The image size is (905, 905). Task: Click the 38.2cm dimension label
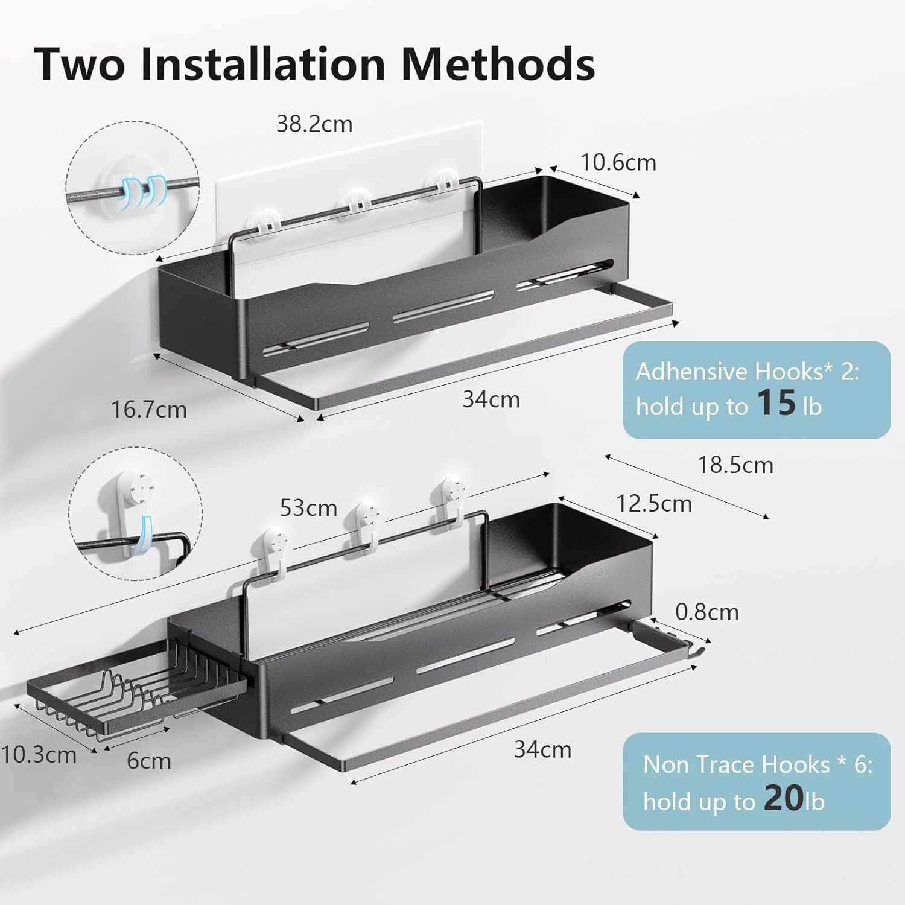click(314, 124)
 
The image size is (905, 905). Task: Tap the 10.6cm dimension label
click(618, 162)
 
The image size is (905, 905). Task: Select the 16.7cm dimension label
click(149, 410)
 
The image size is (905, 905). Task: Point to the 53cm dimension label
click(308, 508)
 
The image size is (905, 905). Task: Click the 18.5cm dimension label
click(735, 465)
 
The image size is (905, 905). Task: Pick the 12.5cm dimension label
click(654, 503)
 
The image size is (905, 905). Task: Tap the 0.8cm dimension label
click(707, 612)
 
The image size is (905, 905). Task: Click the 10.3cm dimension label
click(39, 755)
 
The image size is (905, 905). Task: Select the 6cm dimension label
click(149, 761)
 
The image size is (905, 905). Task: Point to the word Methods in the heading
click(498, 63)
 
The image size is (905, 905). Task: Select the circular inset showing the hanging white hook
click(135, 514)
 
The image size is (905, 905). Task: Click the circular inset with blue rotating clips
click(132, 188)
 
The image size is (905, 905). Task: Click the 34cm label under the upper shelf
click(491, 399)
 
